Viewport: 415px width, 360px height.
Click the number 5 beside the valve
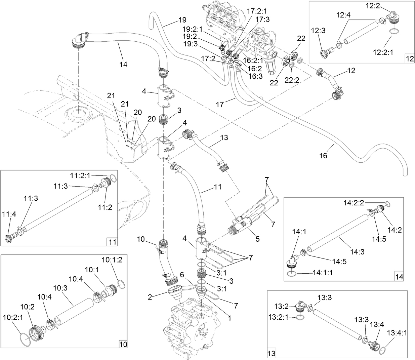coord(257,239)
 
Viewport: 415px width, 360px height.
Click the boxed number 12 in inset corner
coord(410,58)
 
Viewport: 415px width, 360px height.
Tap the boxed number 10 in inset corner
coord(123,344)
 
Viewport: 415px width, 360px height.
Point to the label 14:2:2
coord(353,202)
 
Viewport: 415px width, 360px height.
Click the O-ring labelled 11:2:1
coord(114,179)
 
